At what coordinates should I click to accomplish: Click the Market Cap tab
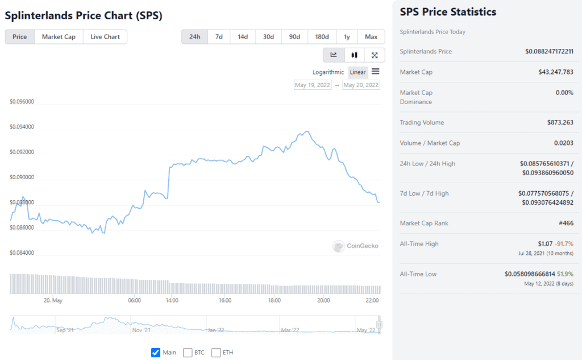click(59, 37)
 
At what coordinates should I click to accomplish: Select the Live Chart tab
click(105, 37)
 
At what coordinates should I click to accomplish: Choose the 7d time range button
click(219, 37)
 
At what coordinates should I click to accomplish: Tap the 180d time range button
click(322, 37)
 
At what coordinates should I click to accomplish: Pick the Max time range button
click(371, 37)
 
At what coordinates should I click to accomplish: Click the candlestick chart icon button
click(354, 55)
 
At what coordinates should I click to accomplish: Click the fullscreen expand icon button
click(375, 55)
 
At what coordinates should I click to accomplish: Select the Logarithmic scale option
click(329, 72)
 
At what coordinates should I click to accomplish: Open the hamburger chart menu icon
click(376, 72)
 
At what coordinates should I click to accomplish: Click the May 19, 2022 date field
click(313, 85)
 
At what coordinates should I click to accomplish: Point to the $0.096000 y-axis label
click(22, 102)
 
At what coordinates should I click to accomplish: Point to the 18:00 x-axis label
click(275, 300)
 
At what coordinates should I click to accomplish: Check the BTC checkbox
click(188, 353)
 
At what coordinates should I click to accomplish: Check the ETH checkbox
click(216, 353)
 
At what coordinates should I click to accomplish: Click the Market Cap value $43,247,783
click(555, 72)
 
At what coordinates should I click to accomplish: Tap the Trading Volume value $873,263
click(560, 122)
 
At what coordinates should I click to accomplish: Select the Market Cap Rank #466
click(566, 223)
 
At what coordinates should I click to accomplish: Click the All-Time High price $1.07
click(545, 243)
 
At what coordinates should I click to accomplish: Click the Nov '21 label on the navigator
click(140, 330)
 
